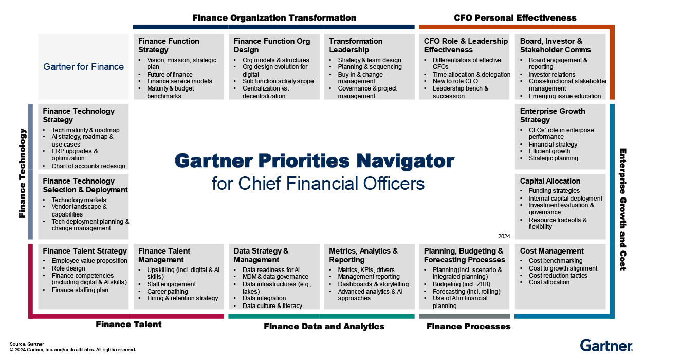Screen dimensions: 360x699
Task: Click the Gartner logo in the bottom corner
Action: pyautogui.click(x=606, y=345)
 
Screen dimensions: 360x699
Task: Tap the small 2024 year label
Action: pyautogui.click(x=504, y=236)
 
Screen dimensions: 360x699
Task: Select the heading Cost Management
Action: pyautogui.click(x=551, y=251)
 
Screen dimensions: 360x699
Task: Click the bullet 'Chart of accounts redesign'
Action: pyautogui.click(x=88, y=166)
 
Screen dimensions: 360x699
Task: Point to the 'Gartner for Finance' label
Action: pyautogui.click(x=83, y=67)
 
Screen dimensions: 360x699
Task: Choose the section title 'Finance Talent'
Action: pyautogui.click(x=128, y=324)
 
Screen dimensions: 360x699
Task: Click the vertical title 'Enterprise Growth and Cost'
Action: pyautogui.click(x=622, y=209)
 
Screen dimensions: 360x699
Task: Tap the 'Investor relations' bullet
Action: pyautogui.click(x=552, y=75)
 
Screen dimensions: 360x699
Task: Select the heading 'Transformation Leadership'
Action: pyautogui.click(x=356, y=45)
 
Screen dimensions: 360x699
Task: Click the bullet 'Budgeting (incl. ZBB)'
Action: pyautogui.click(x=462, y=284)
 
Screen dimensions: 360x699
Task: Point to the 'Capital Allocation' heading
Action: pyautogui.click(x=550, y=181)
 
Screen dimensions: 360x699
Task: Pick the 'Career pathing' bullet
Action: pyautogui.click(x=168, y=291)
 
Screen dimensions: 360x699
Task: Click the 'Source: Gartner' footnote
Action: pyautogui.click(x=27, y=344)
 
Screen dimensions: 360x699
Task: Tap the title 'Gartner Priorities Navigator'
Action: pyautogui.click(x=315, y=161)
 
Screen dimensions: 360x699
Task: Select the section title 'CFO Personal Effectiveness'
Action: pyautogui.click(x=515, y=18)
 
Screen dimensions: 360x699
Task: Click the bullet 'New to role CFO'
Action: pyautogui.click(x=455, y=81)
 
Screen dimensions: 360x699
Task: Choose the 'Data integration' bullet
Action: pyautogui.click(x=264, y=298)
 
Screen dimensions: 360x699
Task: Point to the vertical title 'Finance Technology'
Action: pyautogui.click(x=22, y=173)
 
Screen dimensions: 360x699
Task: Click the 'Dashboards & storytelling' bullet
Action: pyautogui.click(x=373, y=284)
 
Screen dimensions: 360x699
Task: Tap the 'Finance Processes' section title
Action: pyautogui.click(x=468, y=326)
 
